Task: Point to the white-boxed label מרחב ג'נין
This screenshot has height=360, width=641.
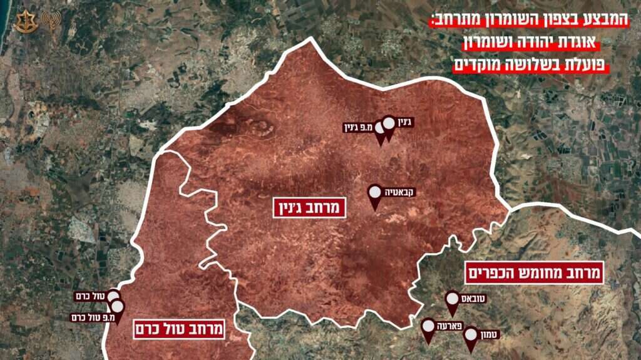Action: pyautogui.click(x=310, y=207)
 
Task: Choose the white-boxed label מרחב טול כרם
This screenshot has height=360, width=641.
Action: pyautogui.click(x=178, y=329)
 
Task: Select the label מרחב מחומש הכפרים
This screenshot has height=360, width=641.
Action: pyautogui.click(x=534, y=272)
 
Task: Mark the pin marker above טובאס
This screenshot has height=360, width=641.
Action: pyautogui.click(x=453, y=300)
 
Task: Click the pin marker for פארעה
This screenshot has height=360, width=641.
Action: pyautogui.click(x=428, y=327)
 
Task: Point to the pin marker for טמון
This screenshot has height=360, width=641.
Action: pyautogui.click(x=471, y=336)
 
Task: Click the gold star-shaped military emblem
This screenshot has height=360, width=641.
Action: pyautogui.click(x=24, y=21)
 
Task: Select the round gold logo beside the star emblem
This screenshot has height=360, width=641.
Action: pyautogui.click(x=49, y=21)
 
